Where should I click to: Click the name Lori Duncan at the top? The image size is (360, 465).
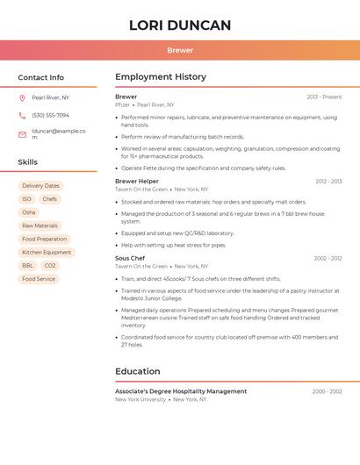[180, 25]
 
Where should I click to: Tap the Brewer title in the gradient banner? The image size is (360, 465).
[180, 50]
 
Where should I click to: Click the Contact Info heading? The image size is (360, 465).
[41, 77]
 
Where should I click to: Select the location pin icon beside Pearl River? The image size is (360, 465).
[22, 98]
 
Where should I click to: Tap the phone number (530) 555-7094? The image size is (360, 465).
[50, 115]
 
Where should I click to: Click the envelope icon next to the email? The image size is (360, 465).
[22, 134]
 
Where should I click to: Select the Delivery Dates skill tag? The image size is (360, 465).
[40, 186]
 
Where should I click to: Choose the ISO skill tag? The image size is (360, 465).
[26, 199]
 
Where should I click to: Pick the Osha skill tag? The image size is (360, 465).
[29, 212]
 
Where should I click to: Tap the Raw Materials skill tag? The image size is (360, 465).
[40, 225]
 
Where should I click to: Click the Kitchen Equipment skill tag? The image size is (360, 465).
[47, 253]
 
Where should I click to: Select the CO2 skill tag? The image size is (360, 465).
[50, 266]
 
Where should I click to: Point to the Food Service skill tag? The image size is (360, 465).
[39, 279]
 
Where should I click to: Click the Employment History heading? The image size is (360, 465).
[161, 77]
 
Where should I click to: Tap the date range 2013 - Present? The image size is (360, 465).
[324, 97]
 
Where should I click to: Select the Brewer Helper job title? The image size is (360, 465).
[137, 182]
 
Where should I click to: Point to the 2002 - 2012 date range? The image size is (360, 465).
[328, 259]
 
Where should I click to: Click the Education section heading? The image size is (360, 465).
[138, 371]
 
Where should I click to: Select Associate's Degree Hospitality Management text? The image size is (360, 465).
[181, 391]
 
